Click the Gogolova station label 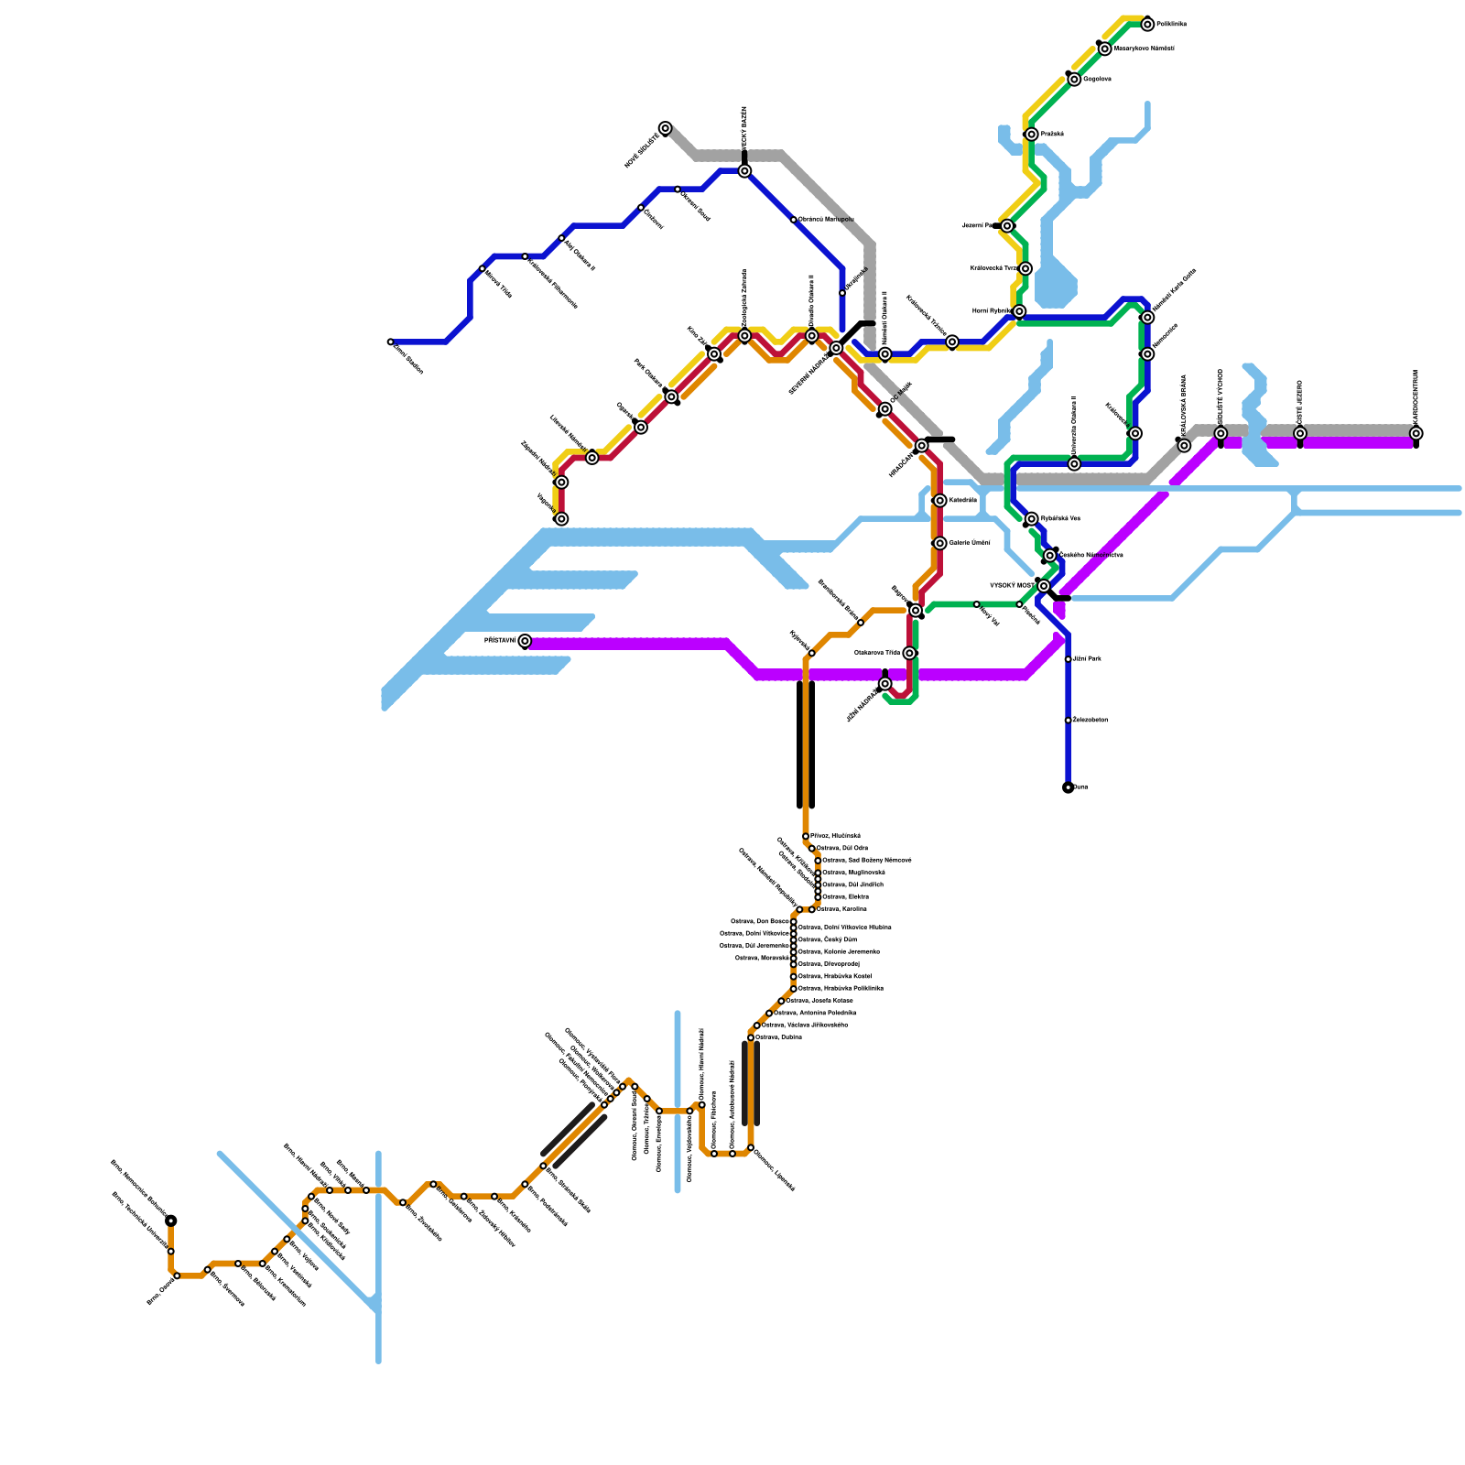(x=1097, y=80)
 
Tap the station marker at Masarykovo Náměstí (x=1105, y=49)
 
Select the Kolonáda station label (x=962, y=501)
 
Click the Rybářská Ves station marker (x=1032, y=519)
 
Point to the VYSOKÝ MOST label (x=1012, y=585)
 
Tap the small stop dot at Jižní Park (x=1069, y=659)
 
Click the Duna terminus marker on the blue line (x=1069, y=787)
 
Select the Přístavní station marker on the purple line (x=525, y=641)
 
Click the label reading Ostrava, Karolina (x=841, y=909)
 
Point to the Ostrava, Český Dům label (x=827, y=939)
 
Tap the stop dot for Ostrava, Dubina (x=751, y=1037)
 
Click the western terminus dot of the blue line (x=391, y=342)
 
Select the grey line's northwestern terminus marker (x=666, y=128)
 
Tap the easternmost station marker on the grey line (x=1416, y=434)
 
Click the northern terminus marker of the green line (x=1147, y=25)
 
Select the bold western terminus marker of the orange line (x=171, y=1221)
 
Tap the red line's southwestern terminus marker (x=561, y=519)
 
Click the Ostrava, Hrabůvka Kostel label (x=834, y=977)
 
